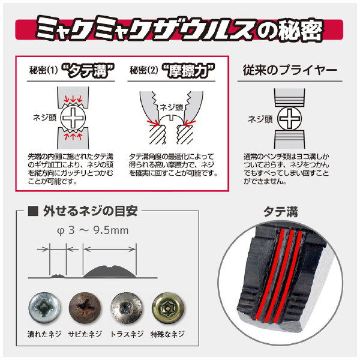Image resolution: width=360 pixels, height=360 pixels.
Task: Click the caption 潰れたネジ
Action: (44, 334)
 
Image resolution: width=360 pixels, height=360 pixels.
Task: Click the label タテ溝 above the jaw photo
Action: (281, 211)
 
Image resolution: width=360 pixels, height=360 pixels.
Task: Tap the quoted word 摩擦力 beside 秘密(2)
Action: (190, 71)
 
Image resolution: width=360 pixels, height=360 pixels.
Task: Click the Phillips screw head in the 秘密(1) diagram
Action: (74, 118)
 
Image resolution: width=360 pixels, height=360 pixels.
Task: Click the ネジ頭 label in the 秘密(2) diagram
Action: (170, 107)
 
